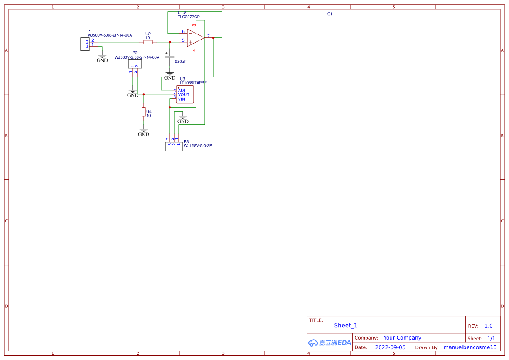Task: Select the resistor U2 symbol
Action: tap(148, 42)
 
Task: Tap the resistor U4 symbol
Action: tap(144, 112)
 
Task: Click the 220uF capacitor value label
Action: tap(181, 61)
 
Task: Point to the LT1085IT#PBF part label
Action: tap(193, 83)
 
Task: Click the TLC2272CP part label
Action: tap(189, 17)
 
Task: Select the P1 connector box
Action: tap(85, 44)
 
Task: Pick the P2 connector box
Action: tap(135, 64)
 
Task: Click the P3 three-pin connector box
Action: tap(174, 146)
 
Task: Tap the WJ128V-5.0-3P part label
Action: tap(198, 146)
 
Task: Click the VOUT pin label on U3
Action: tap(183, 95)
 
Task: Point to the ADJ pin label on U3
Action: tap(181, 91)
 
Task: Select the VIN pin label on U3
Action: tap(181, 99)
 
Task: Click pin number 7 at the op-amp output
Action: tap(209, 36)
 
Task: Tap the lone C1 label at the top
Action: tap(330, 14)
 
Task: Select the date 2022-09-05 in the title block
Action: tap(390, 347)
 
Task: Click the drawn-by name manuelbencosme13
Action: tap(470, 347)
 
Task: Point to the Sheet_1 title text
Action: tap(346, 326)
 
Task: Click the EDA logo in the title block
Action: tap(330, 343)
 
